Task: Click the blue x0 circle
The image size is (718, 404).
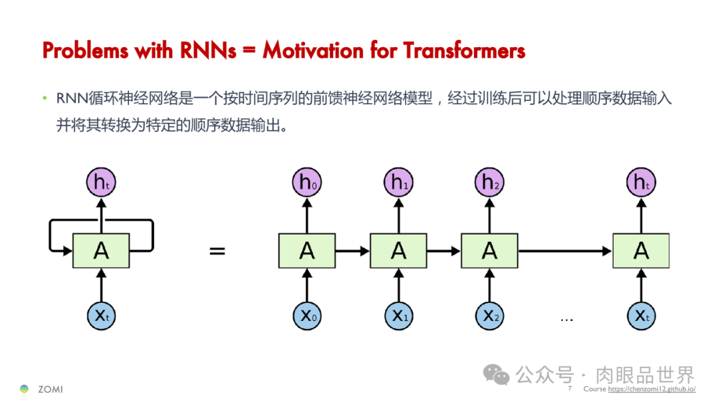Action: [x=306, y=316]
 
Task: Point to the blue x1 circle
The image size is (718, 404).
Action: [x=399, y=316]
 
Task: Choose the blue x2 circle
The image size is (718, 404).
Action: [x=490, y=316]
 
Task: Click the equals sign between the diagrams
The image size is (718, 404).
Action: [x=217, y=251]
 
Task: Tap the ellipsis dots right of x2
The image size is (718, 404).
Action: [x=566, y=319]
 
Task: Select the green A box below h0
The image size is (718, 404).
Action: [x=306, y=251]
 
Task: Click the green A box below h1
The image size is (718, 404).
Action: [x=399, y=251]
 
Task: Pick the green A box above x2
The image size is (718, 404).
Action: [x=490, y=251]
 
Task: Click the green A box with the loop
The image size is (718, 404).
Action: [x=101, y=251]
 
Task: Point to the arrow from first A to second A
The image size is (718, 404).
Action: [x=352, y=251]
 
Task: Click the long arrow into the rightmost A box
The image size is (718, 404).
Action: [x=565, y=251]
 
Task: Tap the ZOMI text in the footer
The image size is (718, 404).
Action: [x=51, y=389]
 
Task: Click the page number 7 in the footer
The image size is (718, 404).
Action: [x=570, y=389]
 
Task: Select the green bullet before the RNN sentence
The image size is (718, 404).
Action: [x=45, y=100]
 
